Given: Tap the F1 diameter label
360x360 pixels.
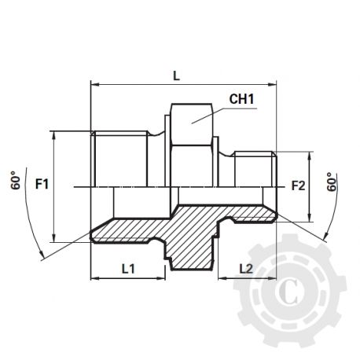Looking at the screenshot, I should click(43, 186).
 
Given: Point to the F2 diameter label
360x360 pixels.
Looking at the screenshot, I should click(298, 186).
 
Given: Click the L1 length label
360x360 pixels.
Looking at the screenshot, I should click(130, 268).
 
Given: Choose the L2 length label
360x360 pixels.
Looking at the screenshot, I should click(245, 268).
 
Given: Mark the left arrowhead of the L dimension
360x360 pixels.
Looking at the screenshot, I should click(95, 82).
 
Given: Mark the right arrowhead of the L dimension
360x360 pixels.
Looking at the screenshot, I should click(274, 82).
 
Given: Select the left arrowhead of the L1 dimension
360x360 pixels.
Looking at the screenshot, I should click(95, 278).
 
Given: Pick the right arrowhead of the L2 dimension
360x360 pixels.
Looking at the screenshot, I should click(274, 278).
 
